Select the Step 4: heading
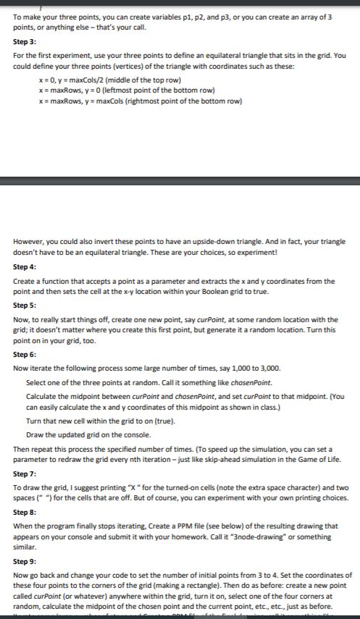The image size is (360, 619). click(x=26, y=266)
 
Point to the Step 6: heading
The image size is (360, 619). click(x=26, y=355)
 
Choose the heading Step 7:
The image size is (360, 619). click(x=26, y=472)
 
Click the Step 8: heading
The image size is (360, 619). click(x=26, y=511)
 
